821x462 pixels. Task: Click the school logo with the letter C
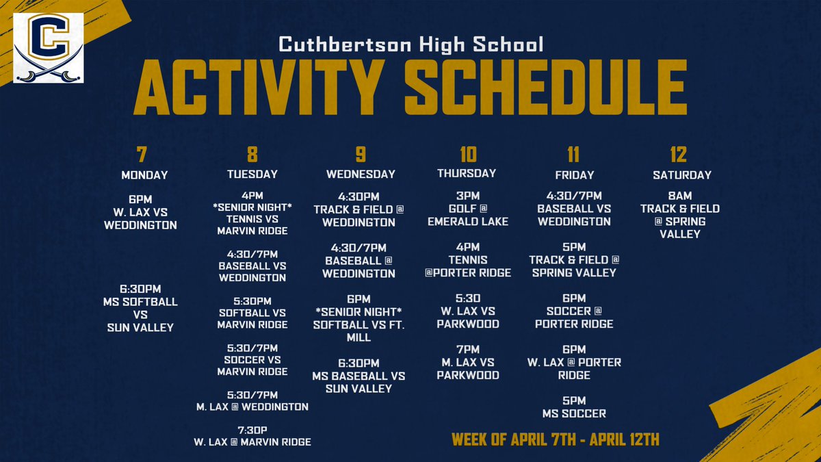click(x=49, y=48)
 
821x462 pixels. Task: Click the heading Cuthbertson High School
click(x=410, y=46)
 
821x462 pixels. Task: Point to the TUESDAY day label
click(x=252, y=174)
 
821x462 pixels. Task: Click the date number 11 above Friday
click(x=575, y=155)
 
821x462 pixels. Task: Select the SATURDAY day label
click(x=681, y=175)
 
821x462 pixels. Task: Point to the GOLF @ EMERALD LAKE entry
click(x=468, y=216)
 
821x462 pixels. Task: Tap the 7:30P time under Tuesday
click(x=252, y=429)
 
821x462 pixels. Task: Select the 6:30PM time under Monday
click(x=140, y=289)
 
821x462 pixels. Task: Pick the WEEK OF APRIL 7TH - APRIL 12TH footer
click(x=556, y=439)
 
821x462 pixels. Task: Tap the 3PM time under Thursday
click(x=468, y=196)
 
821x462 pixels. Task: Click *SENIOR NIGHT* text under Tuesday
click(x=252, y=207)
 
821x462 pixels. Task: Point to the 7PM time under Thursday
click(x=468, y=350)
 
